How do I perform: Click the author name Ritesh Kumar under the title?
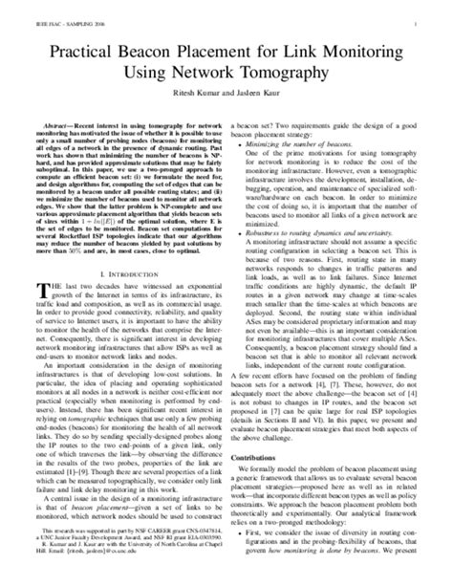click(189, 93)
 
